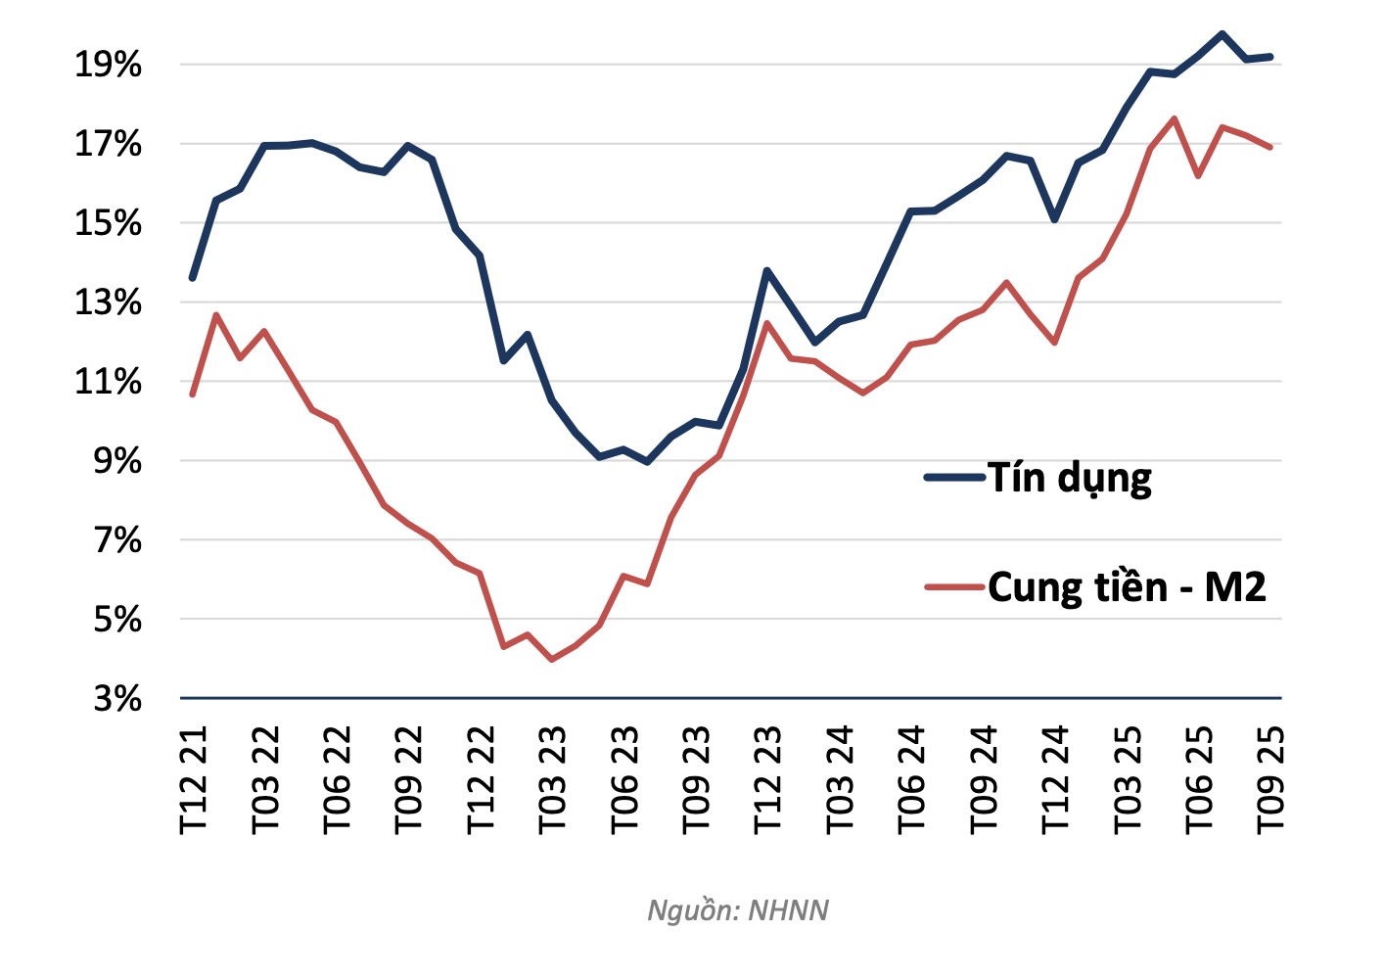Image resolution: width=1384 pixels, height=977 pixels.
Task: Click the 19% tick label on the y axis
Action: [x=108, y=66]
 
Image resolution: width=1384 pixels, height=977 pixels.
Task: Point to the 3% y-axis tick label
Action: [x=116, y=699]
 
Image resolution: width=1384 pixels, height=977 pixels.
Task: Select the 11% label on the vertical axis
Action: [x=108, y=382]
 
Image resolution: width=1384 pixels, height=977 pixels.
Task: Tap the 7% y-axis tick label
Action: [x=116, y=540]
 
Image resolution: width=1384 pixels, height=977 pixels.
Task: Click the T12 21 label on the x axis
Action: [x=195, y=780]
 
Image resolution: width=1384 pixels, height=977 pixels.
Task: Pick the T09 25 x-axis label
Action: [x=1269, y=780]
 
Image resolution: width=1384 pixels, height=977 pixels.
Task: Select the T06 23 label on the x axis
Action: [x=624, y=780]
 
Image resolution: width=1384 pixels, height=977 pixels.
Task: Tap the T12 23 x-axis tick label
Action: [x=768, y=780]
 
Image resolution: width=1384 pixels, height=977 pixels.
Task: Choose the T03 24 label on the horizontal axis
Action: [x=840, y=780]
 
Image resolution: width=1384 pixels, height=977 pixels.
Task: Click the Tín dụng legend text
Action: [x=1069, y=478]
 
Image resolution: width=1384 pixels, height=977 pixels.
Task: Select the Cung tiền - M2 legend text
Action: [x=1127, y=587]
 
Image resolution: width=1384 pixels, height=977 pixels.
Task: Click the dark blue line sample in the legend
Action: [x=954, y=478]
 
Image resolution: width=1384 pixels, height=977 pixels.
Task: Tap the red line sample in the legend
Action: [x=954, y=587]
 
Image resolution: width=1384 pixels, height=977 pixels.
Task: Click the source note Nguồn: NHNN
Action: [x=738, y=910]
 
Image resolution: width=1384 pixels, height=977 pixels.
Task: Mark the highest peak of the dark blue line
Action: [x=1222, y=34]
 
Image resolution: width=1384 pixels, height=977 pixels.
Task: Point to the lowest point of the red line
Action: [x=552, y=660]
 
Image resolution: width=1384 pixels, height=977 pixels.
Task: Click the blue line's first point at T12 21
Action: [x=193, y=278]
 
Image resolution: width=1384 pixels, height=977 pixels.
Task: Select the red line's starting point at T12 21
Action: [x=193, y=395]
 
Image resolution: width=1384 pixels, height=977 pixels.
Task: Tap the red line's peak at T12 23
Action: [x=766, y=322]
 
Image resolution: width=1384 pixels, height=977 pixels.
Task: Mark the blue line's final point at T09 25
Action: [x=1269, y=57]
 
